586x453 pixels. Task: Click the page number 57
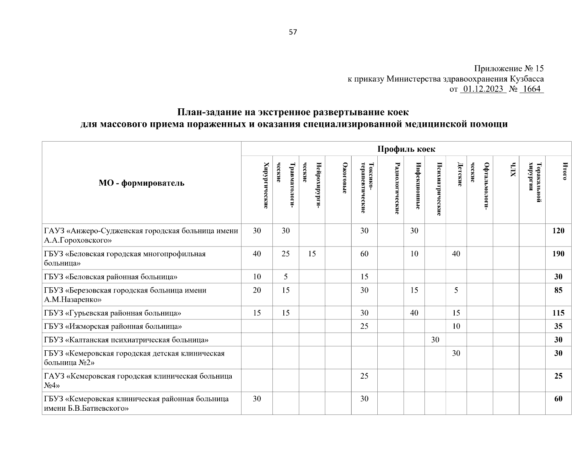(293, 32)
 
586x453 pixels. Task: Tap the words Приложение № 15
(509, 69)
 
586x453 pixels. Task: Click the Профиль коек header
(406, 149)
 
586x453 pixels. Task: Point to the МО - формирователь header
(142, 183)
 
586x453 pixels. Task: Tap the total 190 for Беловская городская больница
(558, 254)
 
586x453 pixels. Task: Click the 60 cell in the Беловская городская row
(364, 254)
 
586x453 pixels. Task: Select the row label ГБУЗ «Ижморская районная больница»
(113, 327)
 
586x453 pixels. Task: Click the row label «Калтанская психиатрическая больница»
(126, 340)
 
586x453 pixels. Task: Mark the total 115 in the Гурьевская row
(558, 313)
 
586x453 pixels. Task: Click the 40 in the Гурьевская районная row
(414, 313)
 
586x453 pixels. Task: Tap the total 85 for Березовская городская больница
(558, 290)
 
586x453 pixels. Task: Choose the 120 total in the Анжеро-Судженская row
(558, 231)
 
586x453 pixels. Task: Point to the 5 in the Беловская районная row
(286, 277)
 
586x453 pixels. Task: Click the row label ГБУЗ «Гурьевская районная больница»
(112, 313)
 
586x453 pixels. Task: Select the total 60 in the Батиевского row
(558, 399)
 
